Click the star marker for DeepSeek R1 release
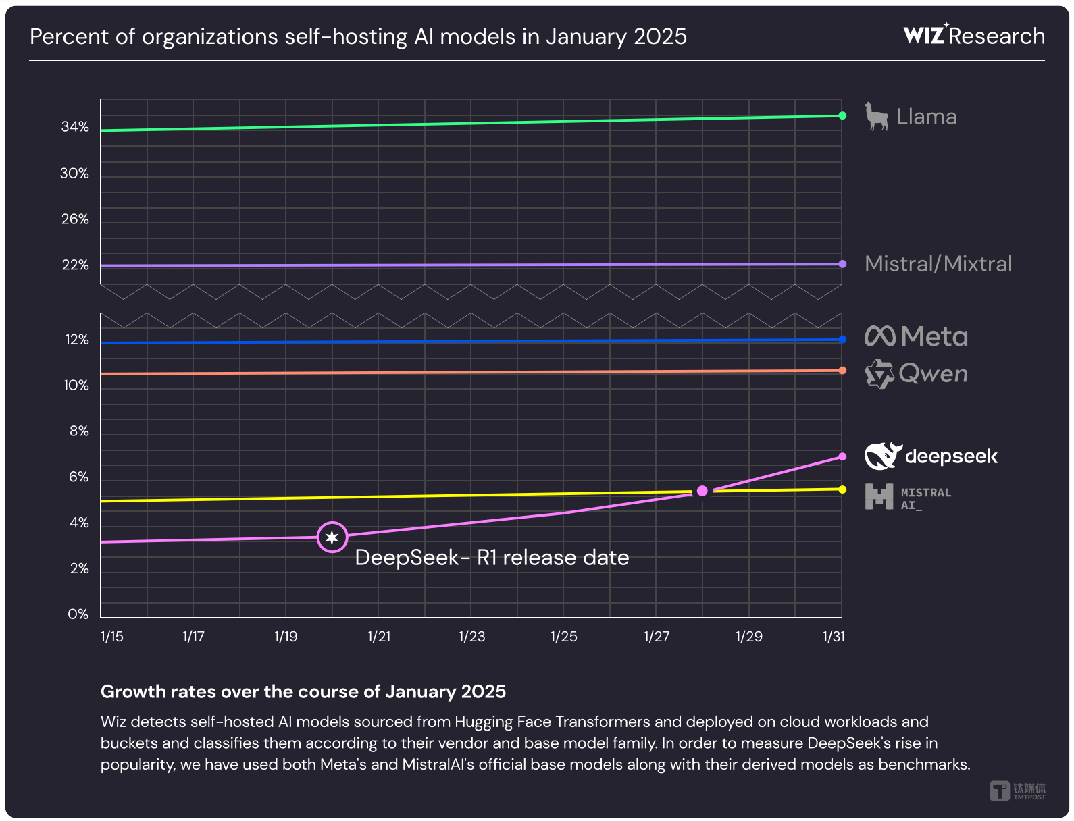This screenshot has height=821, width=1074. (332, 537)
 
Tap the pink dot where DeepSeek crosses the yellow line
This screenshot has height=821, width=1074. (702, 491)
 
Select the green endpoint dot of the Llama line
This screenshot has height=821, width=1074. (842, 115)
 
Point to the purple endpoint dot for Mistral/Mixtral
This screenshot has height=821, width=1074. (842, 264)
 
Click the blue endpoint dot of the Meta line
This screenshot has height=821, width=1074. (842, 340)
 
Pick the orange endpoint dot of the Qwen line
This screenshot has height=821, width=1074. (842, 371)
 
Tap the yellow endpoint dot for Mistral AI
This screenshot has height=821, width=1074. (842, 489)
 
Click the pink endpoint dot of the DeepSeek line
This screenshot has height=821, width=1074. (842, 456)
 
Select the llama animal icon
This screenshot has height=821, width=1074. (876, 117)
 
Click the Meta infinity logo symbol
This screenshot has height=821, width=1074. (880, 336)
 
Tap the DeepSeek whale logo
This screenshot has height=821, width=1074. (883, 456)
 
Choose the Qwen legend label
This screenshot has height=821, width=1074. (933, 373)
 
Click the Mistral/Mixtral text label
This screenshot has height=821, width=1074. (938, 264)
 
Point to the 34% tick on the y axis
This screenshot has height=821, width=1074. (75, 127)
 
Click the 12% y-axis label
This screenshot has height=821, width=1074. (77, 340)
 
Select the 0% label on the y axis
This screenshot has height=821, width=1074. (78, 614)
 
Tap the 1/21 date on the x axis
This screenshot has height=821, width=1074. (379, 637)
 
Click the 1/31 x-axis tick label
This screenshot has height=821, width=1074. (834, 637)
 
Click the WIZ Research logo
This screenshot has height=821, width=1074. (973, 35)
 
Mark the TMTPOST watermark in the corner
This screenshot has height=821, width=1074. (1017, 791)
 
